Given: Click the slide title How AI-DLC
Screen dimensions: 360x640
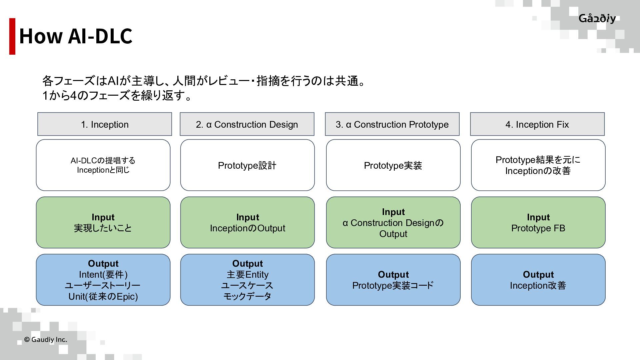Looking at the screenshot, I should coord(76,36).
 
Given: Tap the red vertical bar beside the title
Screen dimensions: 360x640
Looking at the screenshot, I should coord(12,36).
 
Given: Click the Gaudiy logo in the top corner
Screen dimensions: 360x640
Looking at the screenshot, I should coord(597,19).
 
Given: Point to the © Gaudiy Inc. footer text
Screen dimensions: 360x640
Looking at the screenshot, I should coord(46,340).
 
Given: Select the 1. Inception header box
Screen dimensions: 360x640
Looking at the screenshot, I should coord(105,124).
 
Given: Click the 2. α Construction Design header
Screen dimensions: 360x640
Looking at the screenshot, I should coord(247,124).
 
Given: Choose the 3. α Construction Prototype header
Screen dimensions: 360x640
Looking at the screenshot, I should coord(392,124).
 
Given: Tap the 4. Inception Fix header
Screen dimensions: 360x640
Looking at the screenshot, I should coord(537,124).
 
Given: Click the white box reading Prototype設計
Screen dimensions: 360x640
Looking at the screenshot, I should coord(247,165).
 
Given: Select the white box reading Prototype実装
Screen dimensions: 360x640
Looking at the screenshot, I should coord(393,165).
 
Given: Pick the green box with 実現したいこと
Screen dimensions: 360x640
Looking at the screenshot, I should coord(103,223).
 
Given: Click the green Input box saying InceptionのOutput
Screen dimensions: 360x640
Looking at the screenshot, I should coord(247,223).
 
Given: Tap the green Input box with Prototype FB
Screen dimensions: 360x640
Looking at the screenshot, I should coord(538,223).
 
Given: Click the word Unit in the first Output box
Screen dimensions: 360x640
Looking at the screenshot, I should coord(76,297).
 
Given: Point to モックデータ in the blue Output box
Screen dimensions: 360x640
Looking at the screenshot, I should coord(247,296).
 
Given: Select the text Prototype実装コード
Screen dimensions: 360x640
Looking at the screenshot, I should coord(393,286).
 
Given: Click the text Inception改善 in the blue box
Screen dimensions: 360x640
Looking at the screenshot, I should coord(538,286).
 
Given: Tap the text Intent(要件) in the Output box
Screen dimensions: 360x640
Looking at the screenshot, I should coord(103,275).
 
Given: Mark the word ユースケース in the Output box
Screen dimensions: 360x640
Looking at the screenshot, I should coord(247,286).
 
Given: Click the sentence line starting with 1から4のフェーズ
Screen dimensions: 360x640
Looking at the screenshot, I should coord(117,96).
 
